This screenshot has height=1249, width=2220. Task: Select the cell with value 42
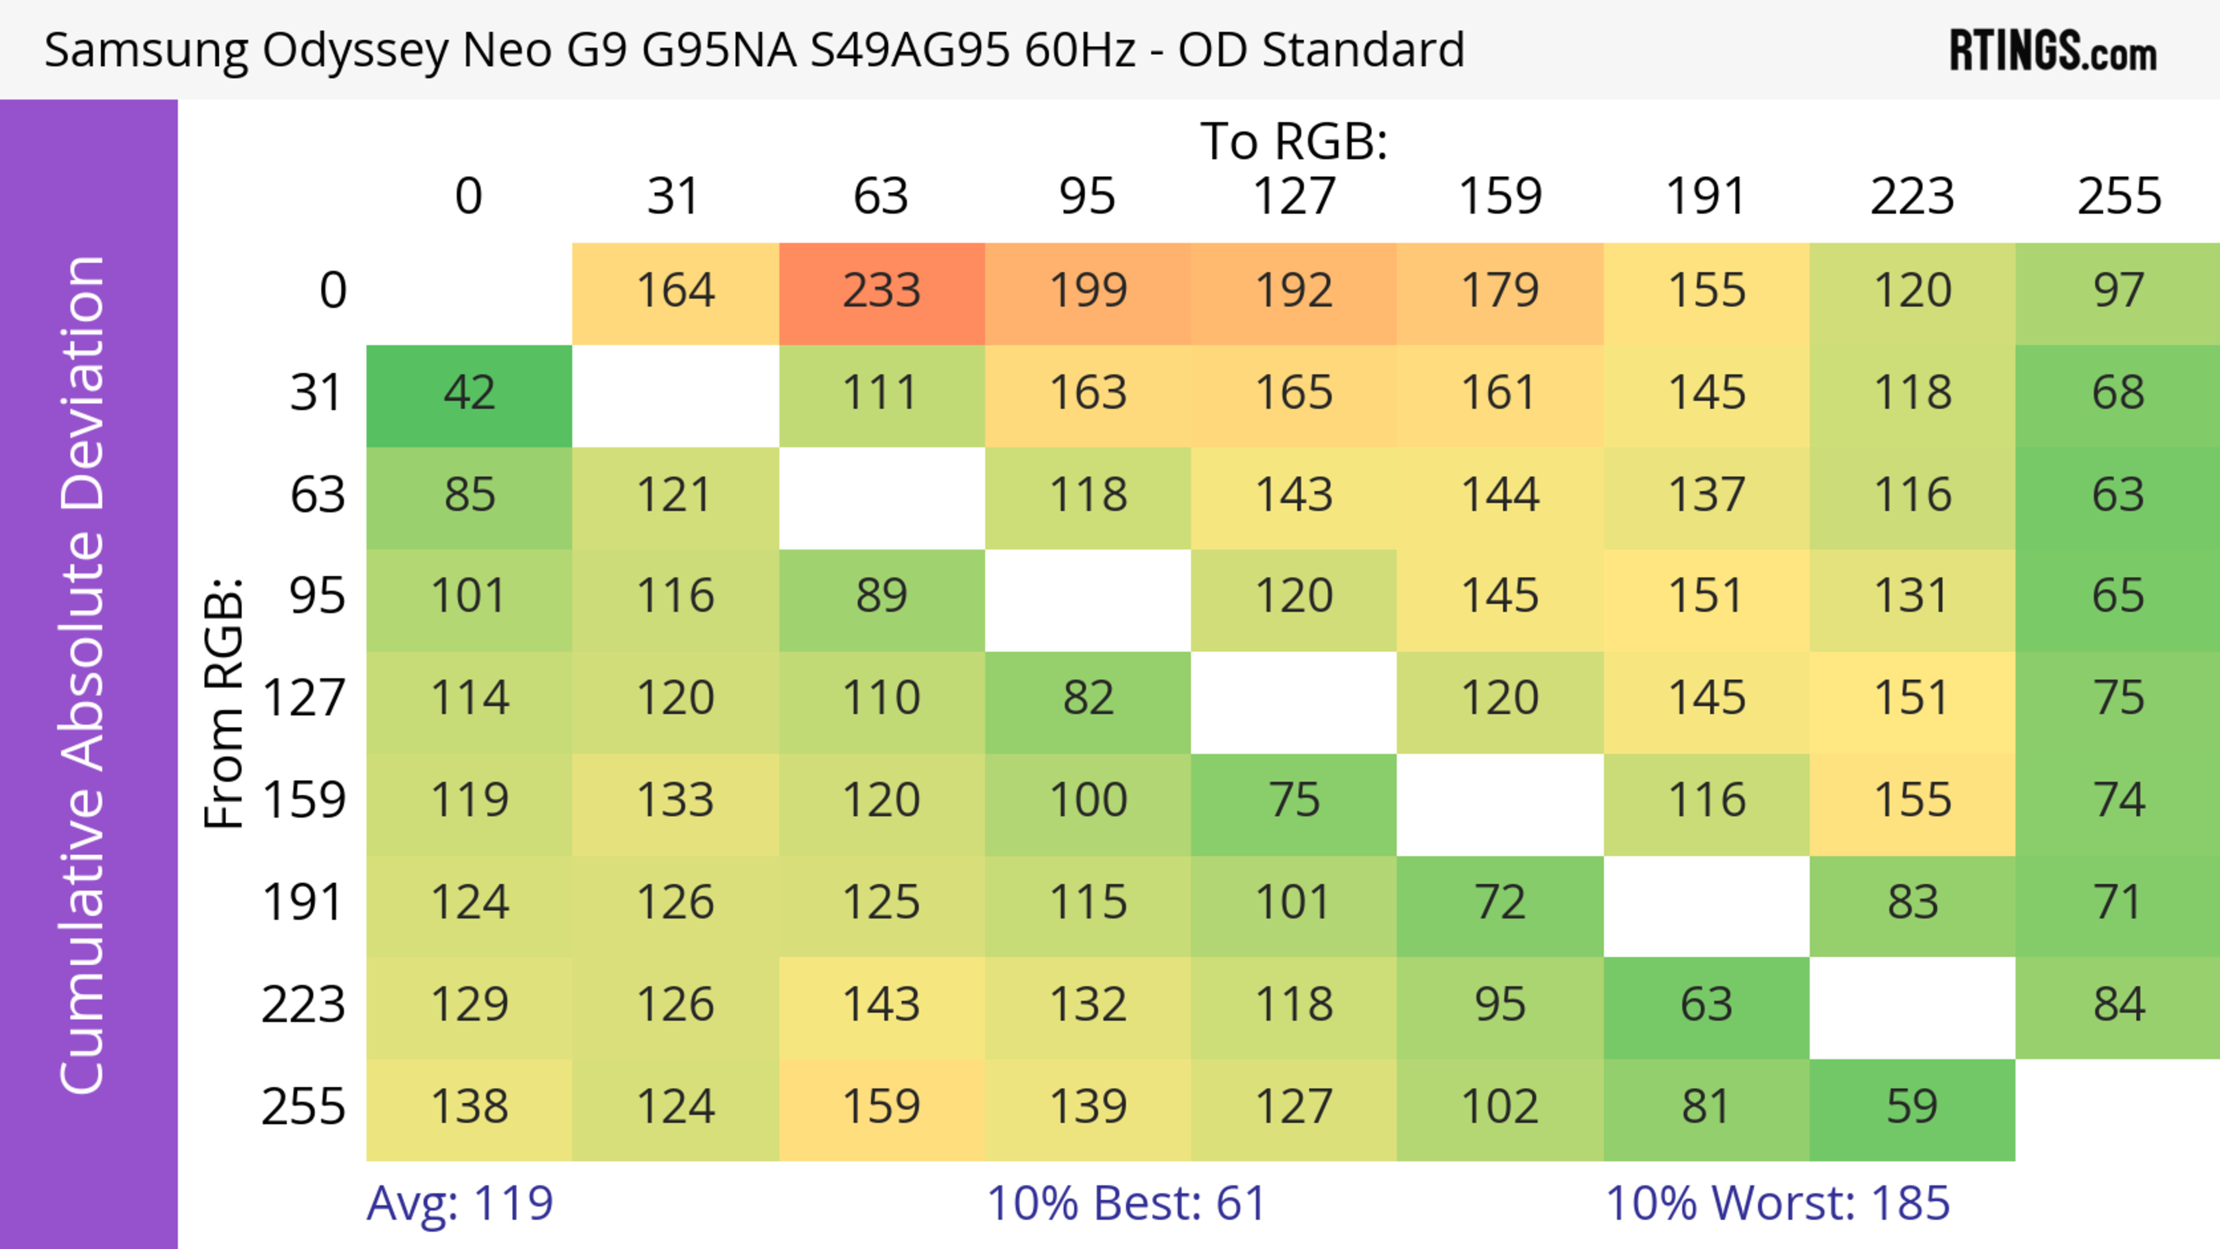tap(469, 394)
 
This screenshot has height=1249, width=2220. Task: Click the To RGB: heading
tap(1294, 140)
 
